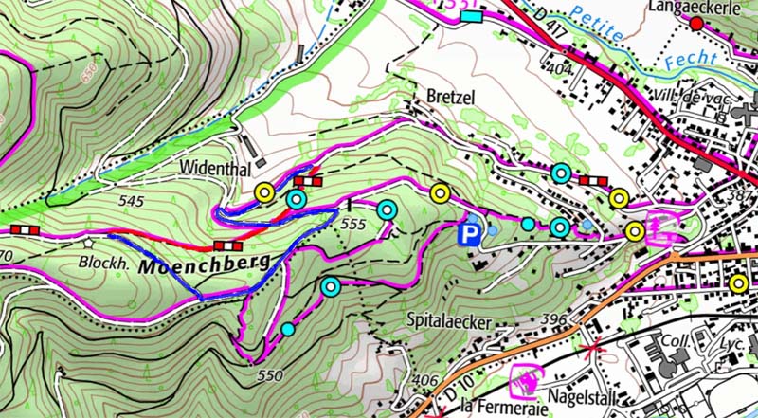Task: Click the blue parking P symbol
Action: tap(468, 233)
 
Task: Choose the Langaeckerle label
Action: tap(694, 7)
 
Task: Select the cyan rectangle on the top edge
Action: tap(472, 15)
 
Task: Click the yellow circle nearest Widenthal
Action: tap(264, 193)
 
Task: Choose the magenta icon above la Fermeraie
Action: tap(524, 381)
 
